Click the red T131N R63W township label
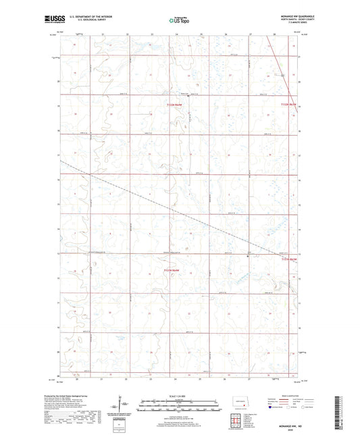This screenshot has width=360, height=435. tap(173, 270)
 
